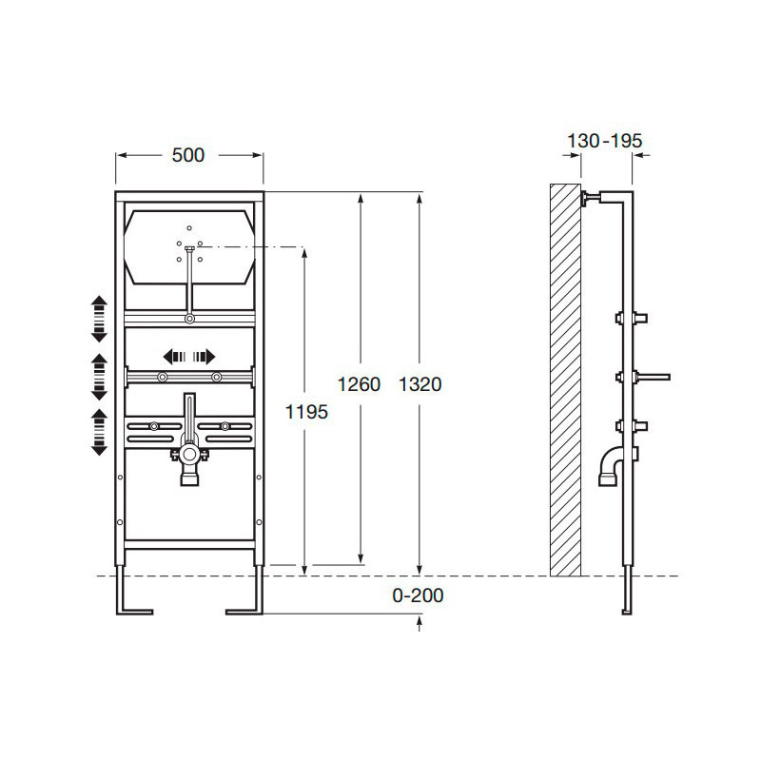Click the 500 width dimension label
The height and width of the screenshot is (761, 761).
[188, 155]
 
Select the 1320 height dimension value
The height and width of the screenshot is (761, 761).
[420, 384]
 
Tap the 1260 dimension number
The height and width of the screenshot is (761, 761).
[359, 384]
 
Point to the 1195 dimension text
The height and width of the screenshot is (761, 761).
[306, 412]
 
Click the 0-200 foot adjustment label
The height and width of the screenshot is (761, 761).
[418, 595]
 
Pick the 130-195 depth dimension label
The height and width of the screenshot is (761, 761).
[605, 141]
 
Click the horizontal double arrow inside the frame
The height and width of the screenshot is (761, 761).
[188, 357]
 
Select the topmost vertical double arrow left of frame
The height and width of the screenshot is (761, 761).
[100, 319]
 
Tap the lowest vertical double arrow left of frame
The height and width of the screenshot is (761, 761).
[100, 432]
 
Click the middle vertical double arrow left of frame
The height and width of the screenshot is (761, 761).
[100, 377]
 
